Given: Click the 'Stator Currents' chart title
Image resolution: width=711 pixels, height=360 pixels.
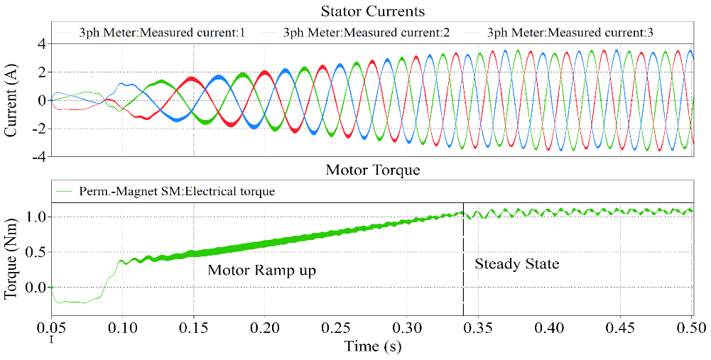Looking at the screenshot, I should click(373, 11).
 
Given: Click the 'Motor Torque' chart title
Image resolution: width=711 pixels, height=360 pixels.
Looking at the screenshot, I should click(372, 170).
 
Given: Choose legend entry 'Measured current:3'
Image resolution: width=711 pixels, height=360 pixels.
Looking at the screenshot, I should click(565, 33).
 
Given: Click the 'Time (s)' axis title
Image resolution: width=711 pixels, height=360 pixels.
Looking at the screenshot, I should click(372, 347).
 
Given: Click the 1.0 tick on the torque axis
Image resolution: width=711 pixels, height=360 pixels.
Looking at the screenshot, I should click(36, 216).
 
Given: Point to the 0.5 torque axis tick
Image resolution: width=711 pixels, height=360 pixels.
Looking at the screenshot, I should click(36, 251).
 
